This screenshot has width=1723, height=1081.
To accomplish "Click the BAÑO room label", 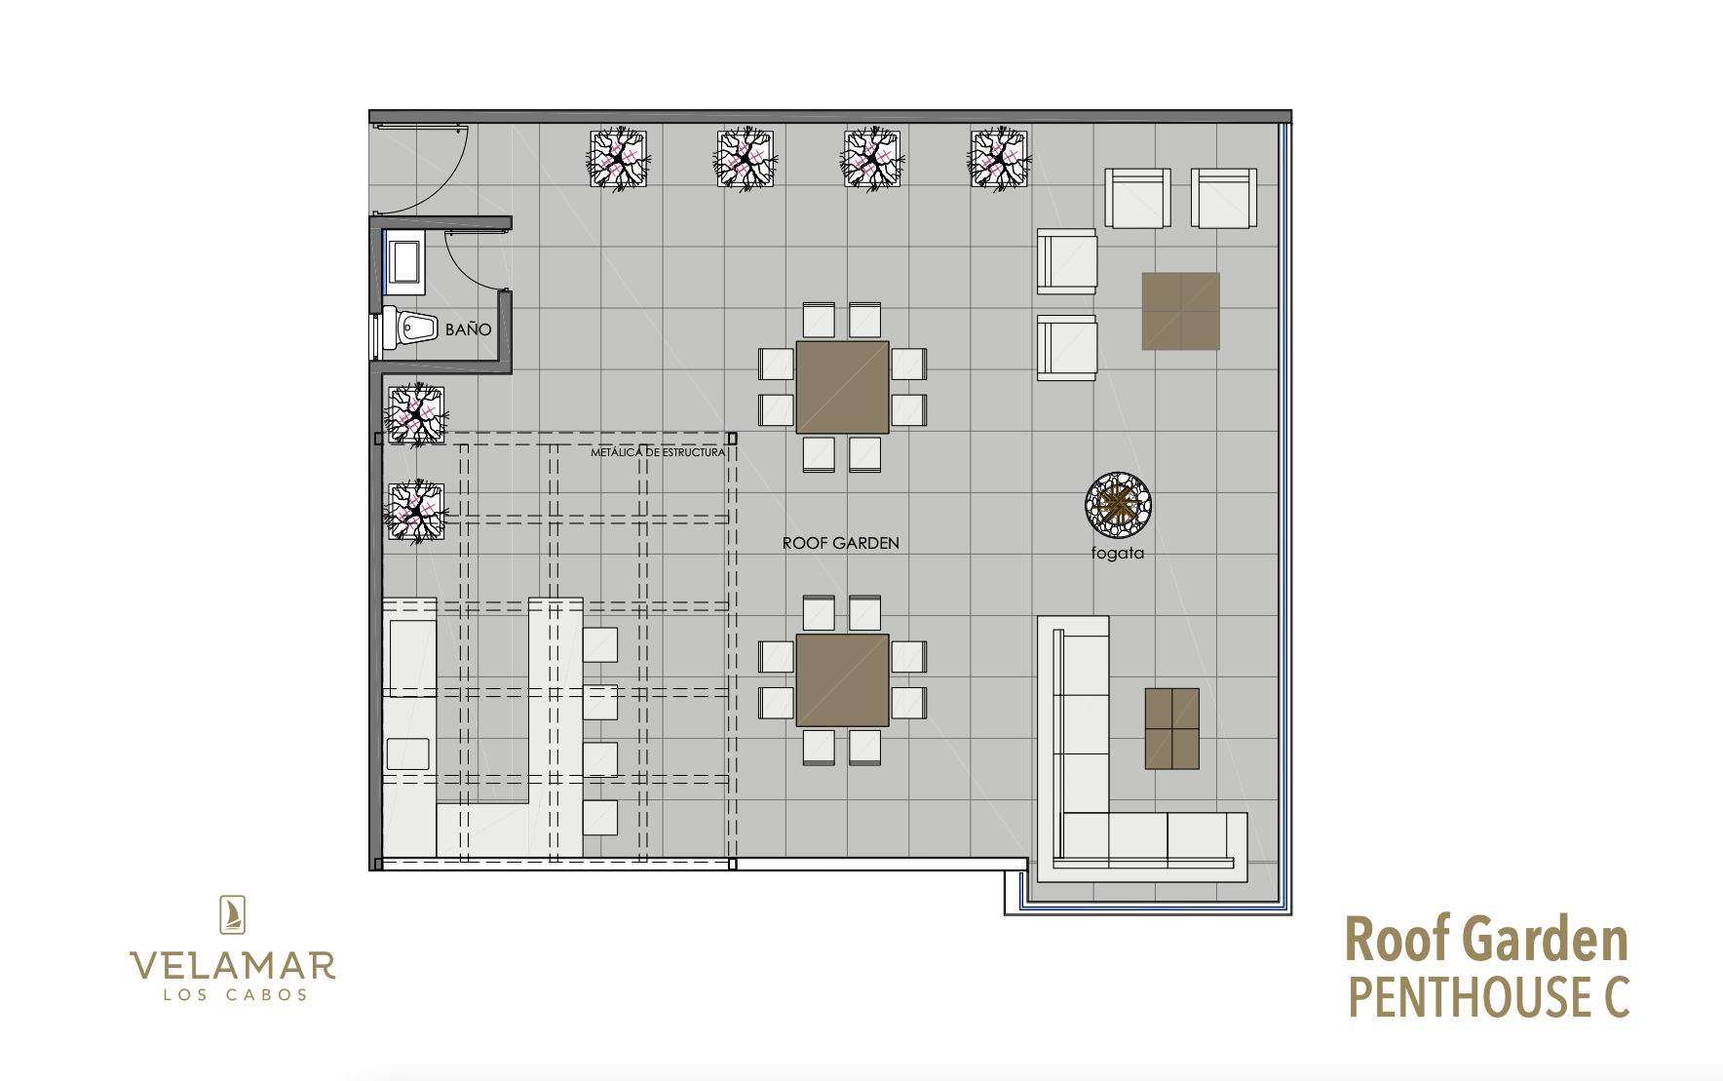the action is pos(468,329).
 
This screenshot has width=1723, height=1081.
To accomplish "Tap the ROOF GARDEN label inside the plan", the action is pos(841,543).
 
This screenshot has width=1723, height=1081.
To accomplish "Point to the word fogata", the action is pos(1118,553).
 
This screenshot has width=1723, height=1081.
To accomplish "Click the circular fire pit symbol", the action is pos(1118,505).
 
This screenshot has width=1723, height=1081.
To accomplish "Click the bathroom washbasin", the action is pos(403,261).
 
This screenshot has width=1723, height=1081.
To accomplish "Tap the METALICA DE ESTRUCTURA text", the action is pos(658,452).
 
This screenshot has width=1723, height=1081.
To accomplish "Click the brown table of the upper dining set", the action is pos(842,387).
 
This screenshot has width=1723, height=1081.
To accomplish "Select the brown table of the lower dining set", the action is pos(842,680).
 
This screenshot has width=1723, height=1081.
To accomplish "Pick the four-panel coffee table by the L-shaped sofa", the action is pos(1171,729).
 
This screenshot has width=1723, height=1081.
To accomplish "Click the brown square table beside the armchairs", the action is pos(1181,311).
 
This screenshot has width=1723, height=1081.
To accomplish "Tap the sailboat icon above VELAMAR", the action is pos(232,915).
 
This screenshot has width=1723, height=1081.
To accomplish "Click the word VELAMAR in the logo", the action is pos(233,966).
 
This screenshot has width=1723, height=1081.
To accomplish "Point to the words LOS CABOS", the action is pos(235,995).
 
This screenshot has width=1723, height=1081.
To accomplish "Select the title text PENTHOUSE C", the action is pos(1488,996).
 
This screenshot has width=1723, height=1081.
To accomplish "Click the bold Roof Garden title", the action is pos(1486,940).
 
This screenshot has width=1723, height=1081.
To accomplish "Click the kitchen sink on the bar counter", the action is pos(408,754).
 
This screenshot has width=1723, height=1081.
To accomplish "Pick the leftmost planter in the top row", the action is pos(618,159).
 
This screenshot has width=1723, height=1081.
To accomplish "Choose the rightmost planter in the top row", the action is pos(999,159).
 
